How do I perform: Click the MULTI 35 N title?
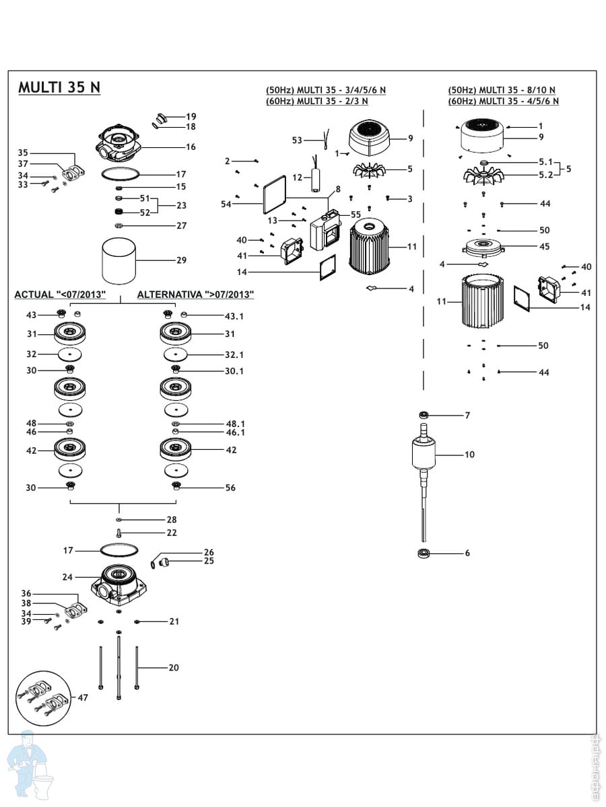[59, 87]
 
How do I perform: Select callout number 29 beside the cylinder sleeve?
[181, 260]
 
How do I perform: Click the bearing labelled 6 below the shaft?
[424, 553]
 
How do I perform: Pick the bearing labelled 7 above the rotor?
[424, 415]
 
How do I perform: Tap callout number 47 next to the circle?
[83, 697]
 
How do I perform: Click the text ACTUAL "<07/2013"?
[60, 295]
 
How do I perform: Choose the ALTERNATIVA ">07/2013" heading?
[195, 295]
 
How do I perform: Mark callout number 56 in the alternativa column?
[230, 488]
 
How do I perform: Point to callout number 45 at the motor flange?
[544, 246]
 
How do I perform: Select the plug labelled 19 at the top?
[161, 118]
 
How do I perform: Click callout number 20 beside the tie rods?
[174, 667]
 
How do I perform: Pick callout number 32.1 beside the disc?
[234, 355]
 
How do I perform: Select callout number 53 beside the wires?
[297, 140]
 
